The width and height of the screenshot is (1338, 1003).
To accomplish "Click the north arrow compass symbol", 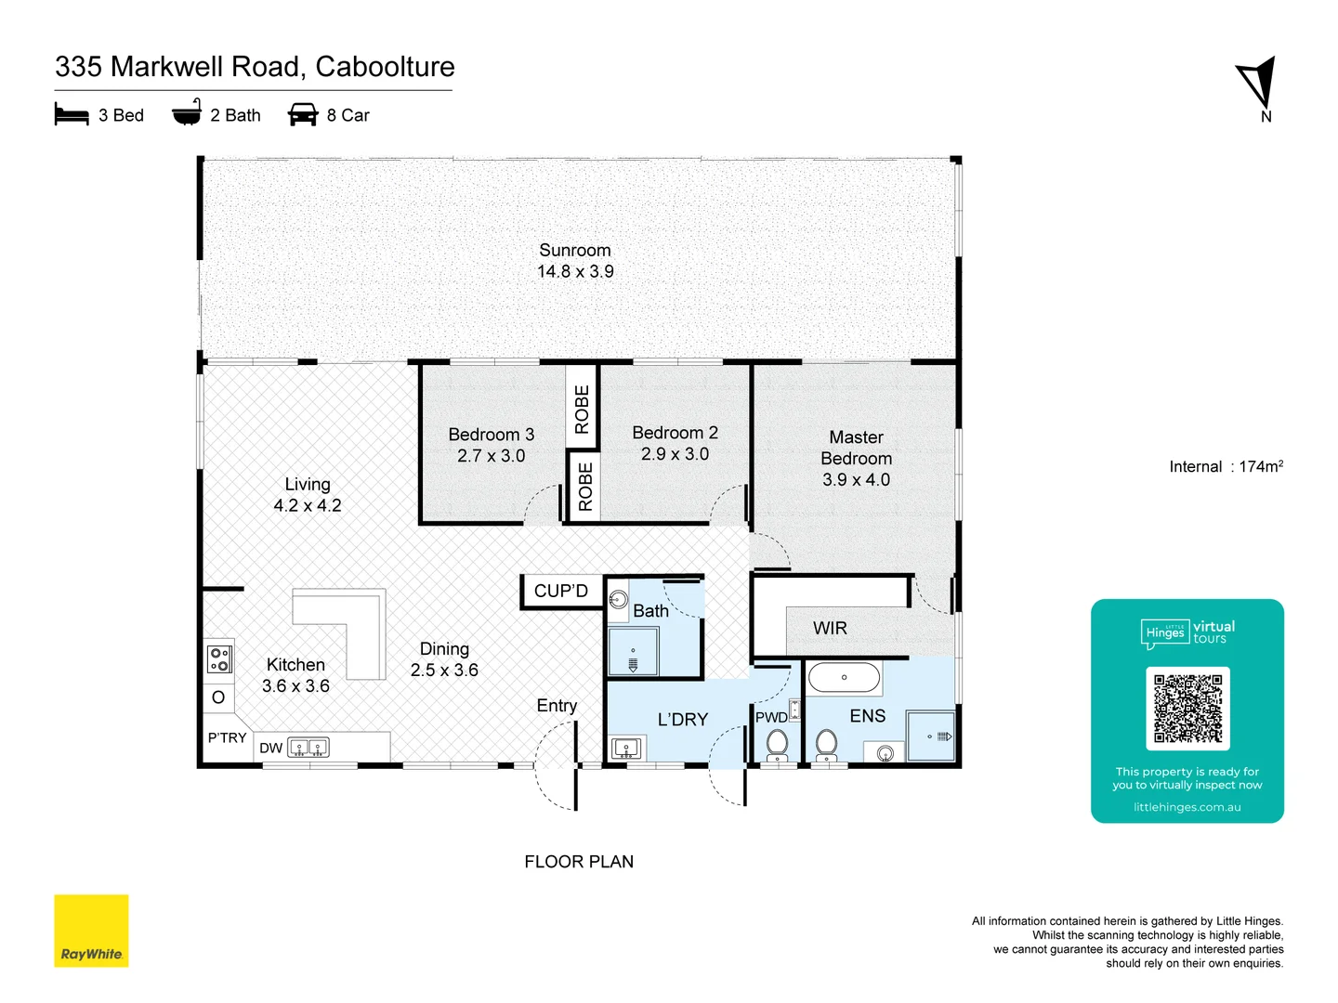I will coord(1257,85).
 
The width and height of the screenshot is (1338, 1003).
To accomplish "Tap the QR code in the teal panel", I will coord(1187,708).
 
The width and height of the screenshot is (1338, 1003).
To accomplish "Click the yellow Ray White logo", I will coord(91,931).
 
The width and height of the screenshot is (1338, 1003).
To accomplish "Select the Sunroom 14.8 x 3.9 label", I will coord(575,261).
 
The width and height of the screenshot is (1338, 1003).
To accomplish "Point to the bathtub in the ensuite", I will coord(844,678).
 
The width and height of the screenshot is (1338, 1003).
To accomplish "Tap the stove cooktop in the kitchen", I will coord(219,659).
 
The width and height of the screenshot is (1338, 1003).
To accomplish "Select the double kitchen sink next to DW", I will coord(308,748).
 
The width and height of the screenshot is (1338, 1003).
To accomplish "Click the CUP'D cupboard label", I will coord(560,592).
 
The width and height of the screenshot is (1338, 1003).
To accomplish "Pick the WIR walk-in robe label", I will coord(830,629).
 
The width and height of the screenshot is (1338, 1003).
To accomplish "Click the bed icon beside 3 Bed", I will coord(72,115).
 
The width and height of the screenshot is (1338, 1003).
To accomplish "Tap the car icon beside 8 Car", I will coord(303,115).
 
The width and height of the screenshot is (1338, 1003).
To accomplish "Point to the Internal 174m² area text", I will coord(1226,467).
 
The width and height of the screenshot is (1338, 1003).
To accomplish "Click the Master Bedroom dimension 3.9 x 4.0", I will coord(856,480).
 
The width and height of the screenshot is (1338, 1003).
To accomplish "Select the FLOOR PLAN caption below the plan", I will coord(579,862).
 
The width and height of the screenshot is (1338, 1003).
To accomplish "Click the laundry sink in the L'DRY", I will coord(626,748).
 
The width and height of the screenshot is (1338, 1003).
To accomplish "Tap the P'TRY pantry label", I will coord(227,738).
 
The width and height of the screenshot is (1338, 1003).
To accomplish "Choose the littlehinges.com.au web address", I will coord(1187,808).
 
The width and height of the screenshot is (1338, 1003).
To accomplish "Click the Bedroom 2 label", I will coord(675,433).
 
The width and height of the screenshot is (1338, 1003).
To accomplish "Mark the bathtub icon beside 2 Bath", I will coord(187,113).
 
